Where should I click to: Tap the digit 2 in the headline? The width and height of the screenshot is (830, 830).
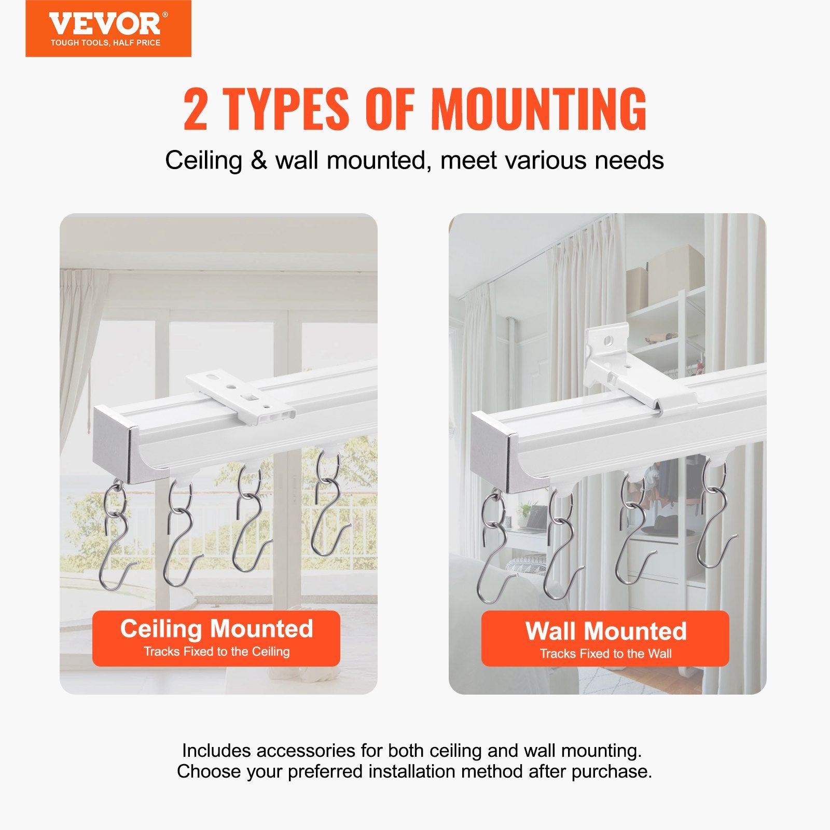click(x=196, y=109)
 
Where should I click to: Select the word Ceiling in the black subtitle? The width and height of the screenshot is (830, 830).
click(x=203, y=160)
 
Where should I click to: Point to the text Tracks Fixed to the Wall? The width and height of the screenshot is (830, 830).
click(x=605, y=654)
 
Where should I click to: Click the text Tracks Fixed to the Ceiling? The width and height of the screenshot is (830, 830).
click(x=216, y=652)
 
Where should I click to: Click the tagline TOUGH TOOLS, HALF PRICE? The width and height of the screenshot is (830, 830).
click(x=105, y=43)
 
